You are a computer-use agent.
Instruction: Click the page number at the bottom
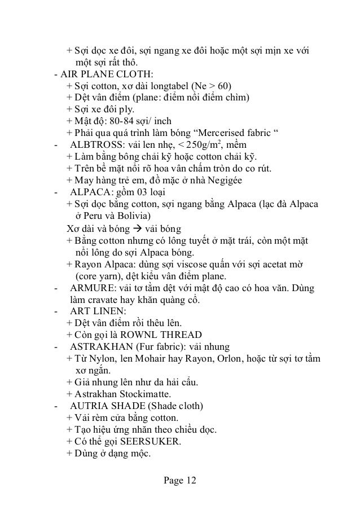click(179, 481)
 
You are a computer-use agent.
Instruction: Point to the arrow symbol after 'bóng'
click(137, 228)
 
